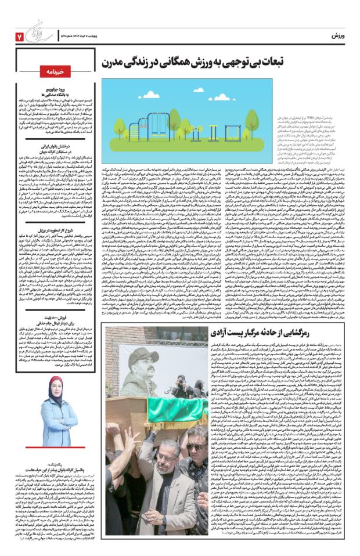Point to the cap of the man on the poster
coord(141,357)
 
